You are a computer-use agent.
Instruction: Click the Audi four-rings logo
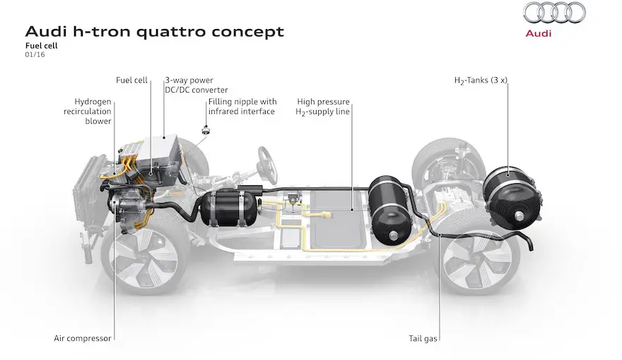[x=554, y=13]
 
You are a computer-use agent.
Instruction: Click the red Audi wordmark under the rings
[x=539, y=33]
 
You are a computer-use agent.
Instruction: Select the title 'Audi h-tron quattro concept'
[x=155, y=31]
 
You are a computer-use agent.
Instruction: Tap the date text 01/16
[x=35, y=54]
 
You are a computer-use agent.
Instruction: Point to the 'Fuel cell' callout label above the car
[x=131, y=80]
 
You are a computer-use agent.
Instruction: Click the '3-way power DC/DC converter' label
[x=196, y=85]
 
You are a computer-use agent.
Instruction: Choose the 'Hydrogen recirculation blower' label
[x=88, y=111]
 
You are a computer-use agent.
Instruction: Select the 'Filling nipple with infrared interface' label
[x=242, y=106]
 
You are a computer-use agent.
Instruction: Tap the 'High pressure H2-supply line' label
[x=322, y=107]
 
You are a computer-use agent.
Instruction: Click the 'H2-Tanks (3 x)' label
[x=481, y=81]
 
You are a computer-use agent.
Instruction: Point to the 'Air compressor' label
[x=83, y=339]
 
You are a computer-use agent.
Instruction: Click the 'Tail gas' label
[x=423, y=339]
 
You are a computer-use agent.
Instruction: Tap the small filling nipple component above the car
[x=206, y=130]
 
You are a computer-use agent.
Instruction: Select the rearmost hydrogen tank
[x=511, y=198]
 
